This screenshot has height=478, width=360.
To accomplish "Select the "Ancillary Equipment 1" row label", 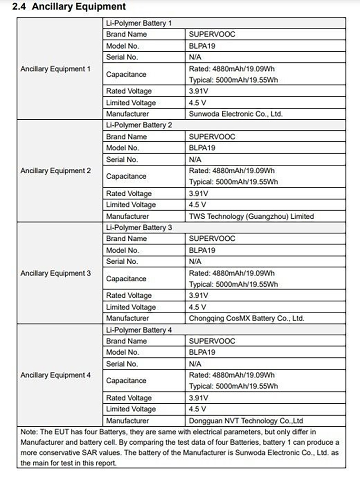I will [x=55, y=69].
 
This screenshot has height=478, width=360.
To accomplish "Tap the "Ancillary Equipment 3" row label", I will [x=55, y=273].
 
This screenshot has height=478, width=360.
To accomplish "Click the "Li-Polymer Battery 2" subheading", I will [x=139, y=125].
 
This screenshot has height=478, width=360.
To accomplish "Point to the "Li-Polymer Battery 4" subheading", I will [x=139, y=330].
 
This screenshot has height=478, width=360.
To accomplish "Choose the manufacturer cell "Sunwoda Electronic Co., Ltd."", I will [x=236, y=114].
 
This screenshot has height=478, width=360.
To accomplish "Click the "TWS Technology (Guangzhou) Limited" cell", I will [x=251, y=216].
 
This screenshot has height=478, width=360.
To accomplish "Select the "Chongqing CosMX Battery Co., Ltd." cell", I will [x=247, y=318].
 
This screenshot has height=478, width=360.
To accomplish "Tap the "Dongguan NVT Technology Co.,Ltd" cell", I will [x=246, y=421].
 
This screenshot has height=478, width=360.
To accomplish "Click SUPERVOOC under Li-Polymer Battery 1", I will [x=212, y=34].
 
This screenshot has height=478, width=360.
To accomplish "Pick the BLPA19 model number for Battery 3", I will [x=202, y=250].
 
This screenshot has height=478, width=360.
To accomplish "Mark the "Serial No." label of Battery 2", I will [x=122, y=159].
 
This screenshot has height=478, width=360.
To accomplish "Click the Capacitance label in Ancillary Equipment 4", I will [x=126, y=381].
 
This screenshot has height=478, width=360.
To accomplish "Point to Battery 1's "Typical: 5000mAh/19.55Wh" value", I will [x=233, y=80].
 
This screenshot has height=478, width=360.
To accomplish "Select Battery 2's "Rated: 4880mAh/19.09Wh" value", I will [x=232, y=171].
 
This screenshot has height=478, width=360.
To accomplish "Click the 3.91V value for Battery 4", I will [x=198, y=398].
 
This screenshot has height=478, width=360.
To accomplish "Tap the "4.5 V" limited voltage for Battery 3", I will [x=198, y=307].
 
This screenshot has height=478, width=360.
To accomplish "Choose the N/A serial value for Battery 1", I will [x=195, y=57].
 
